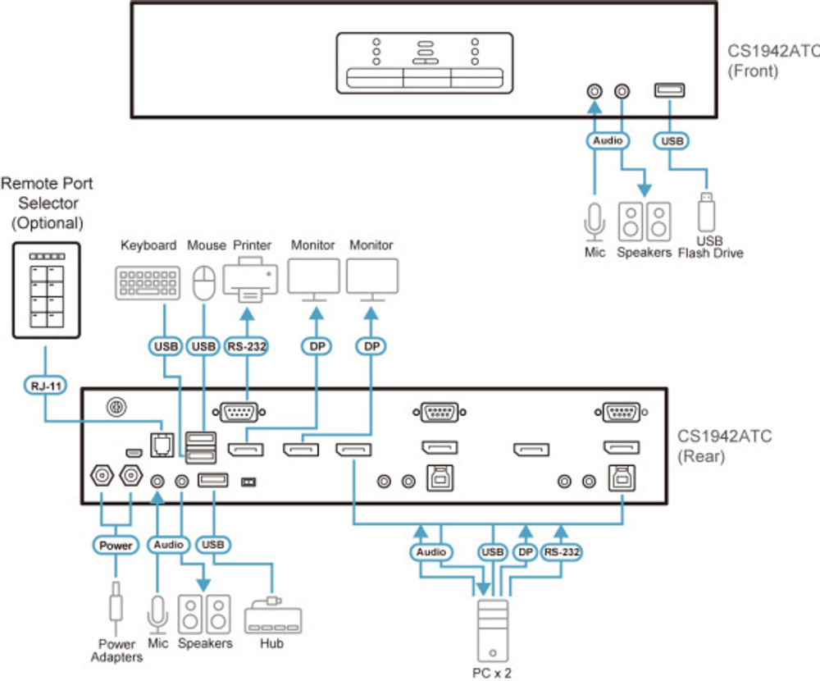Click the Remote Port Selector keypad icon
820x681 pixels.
45,290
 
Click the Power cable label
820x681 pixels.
115,546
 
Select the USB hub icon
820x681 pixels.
273,615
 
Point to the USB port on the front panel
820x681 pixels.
670,91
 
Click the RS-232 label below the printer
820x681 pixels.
247,347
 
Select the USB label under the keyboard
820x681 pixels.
166,347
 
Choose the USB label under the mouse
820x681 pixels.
203,347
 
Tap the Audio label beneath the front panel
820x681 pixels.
608,141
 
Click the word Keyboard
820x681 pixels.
148,245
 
